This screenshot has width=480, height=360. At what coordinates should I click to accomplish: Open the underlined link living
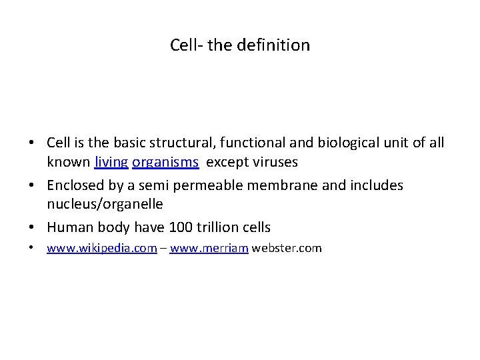(111, 162)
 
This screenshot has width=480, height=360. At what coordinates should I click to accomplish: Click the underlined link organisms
(165, 162)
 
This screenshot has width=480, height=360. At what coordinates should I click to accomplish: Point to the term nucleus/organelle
(105, 203)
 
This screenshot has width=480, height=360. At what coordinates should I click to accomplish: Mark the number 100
(181, 227)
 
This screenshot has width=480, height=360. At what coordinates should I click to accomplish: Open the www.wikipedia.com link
(102, 249)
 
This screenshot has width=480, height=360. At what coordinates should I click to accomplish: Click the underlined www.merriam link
(209, 249)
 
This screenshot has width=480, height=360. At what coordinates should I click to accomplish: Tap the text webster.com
(287, 249)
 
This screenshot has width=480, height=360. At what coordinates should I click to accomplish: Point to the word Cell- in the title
(187, 45)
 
